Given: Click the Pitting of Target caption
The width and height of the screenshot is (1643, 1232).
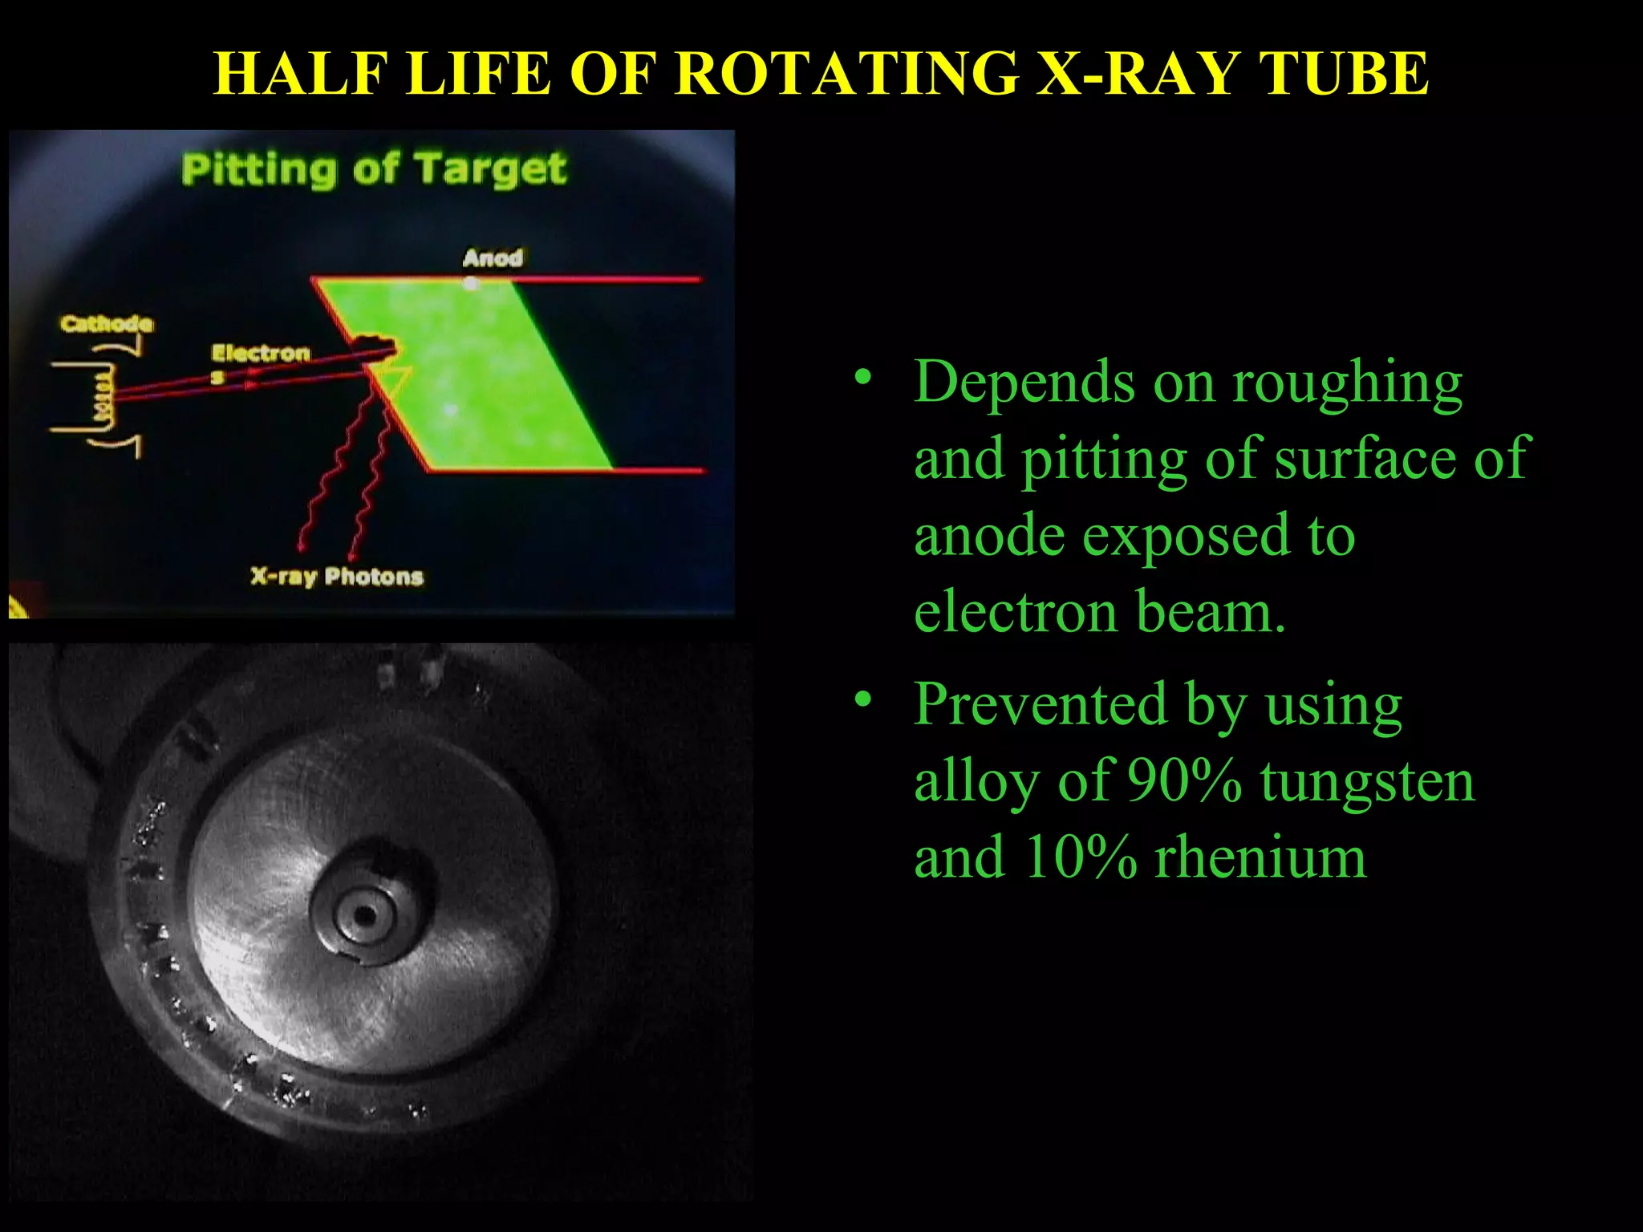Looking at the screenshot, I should pyautogui.click(x=374, y=170).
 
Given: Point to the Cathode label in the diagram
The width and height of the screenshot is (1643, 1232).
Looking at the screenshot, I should pyautogui.click(x=106, y=324).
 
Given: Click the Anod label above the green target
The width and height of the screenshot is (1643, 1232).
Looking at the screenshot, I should pyautogui.click(x=493, y=258).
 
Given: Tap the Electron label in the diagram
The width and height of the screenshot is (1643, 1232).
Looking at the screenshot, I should pyautogui.click(x=260, y=354).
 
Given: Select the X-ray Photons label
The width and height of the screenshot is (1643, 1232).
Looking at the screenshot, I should pyautogui.click(x=337, y=576).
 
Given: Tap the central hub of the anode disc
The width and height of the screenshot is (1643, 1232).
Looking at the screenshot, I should pyautogui.click(x=365, y=914).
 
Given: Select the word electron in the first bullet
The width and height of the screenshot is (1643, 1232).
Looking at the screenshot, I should pyautogui.click(x=1015, y=613).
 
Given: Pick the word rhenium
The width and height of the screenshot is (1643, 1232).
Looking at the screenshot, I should pyautogui.click(x=1260, y=857).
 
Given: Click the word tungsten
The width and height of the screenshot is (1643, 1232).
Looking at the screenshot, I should pyautogui.click(x=1367, y=781).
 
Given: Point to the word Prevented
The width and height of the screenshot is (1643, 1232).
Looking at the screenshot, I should pyautogui.click(x=1040, y=703).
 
